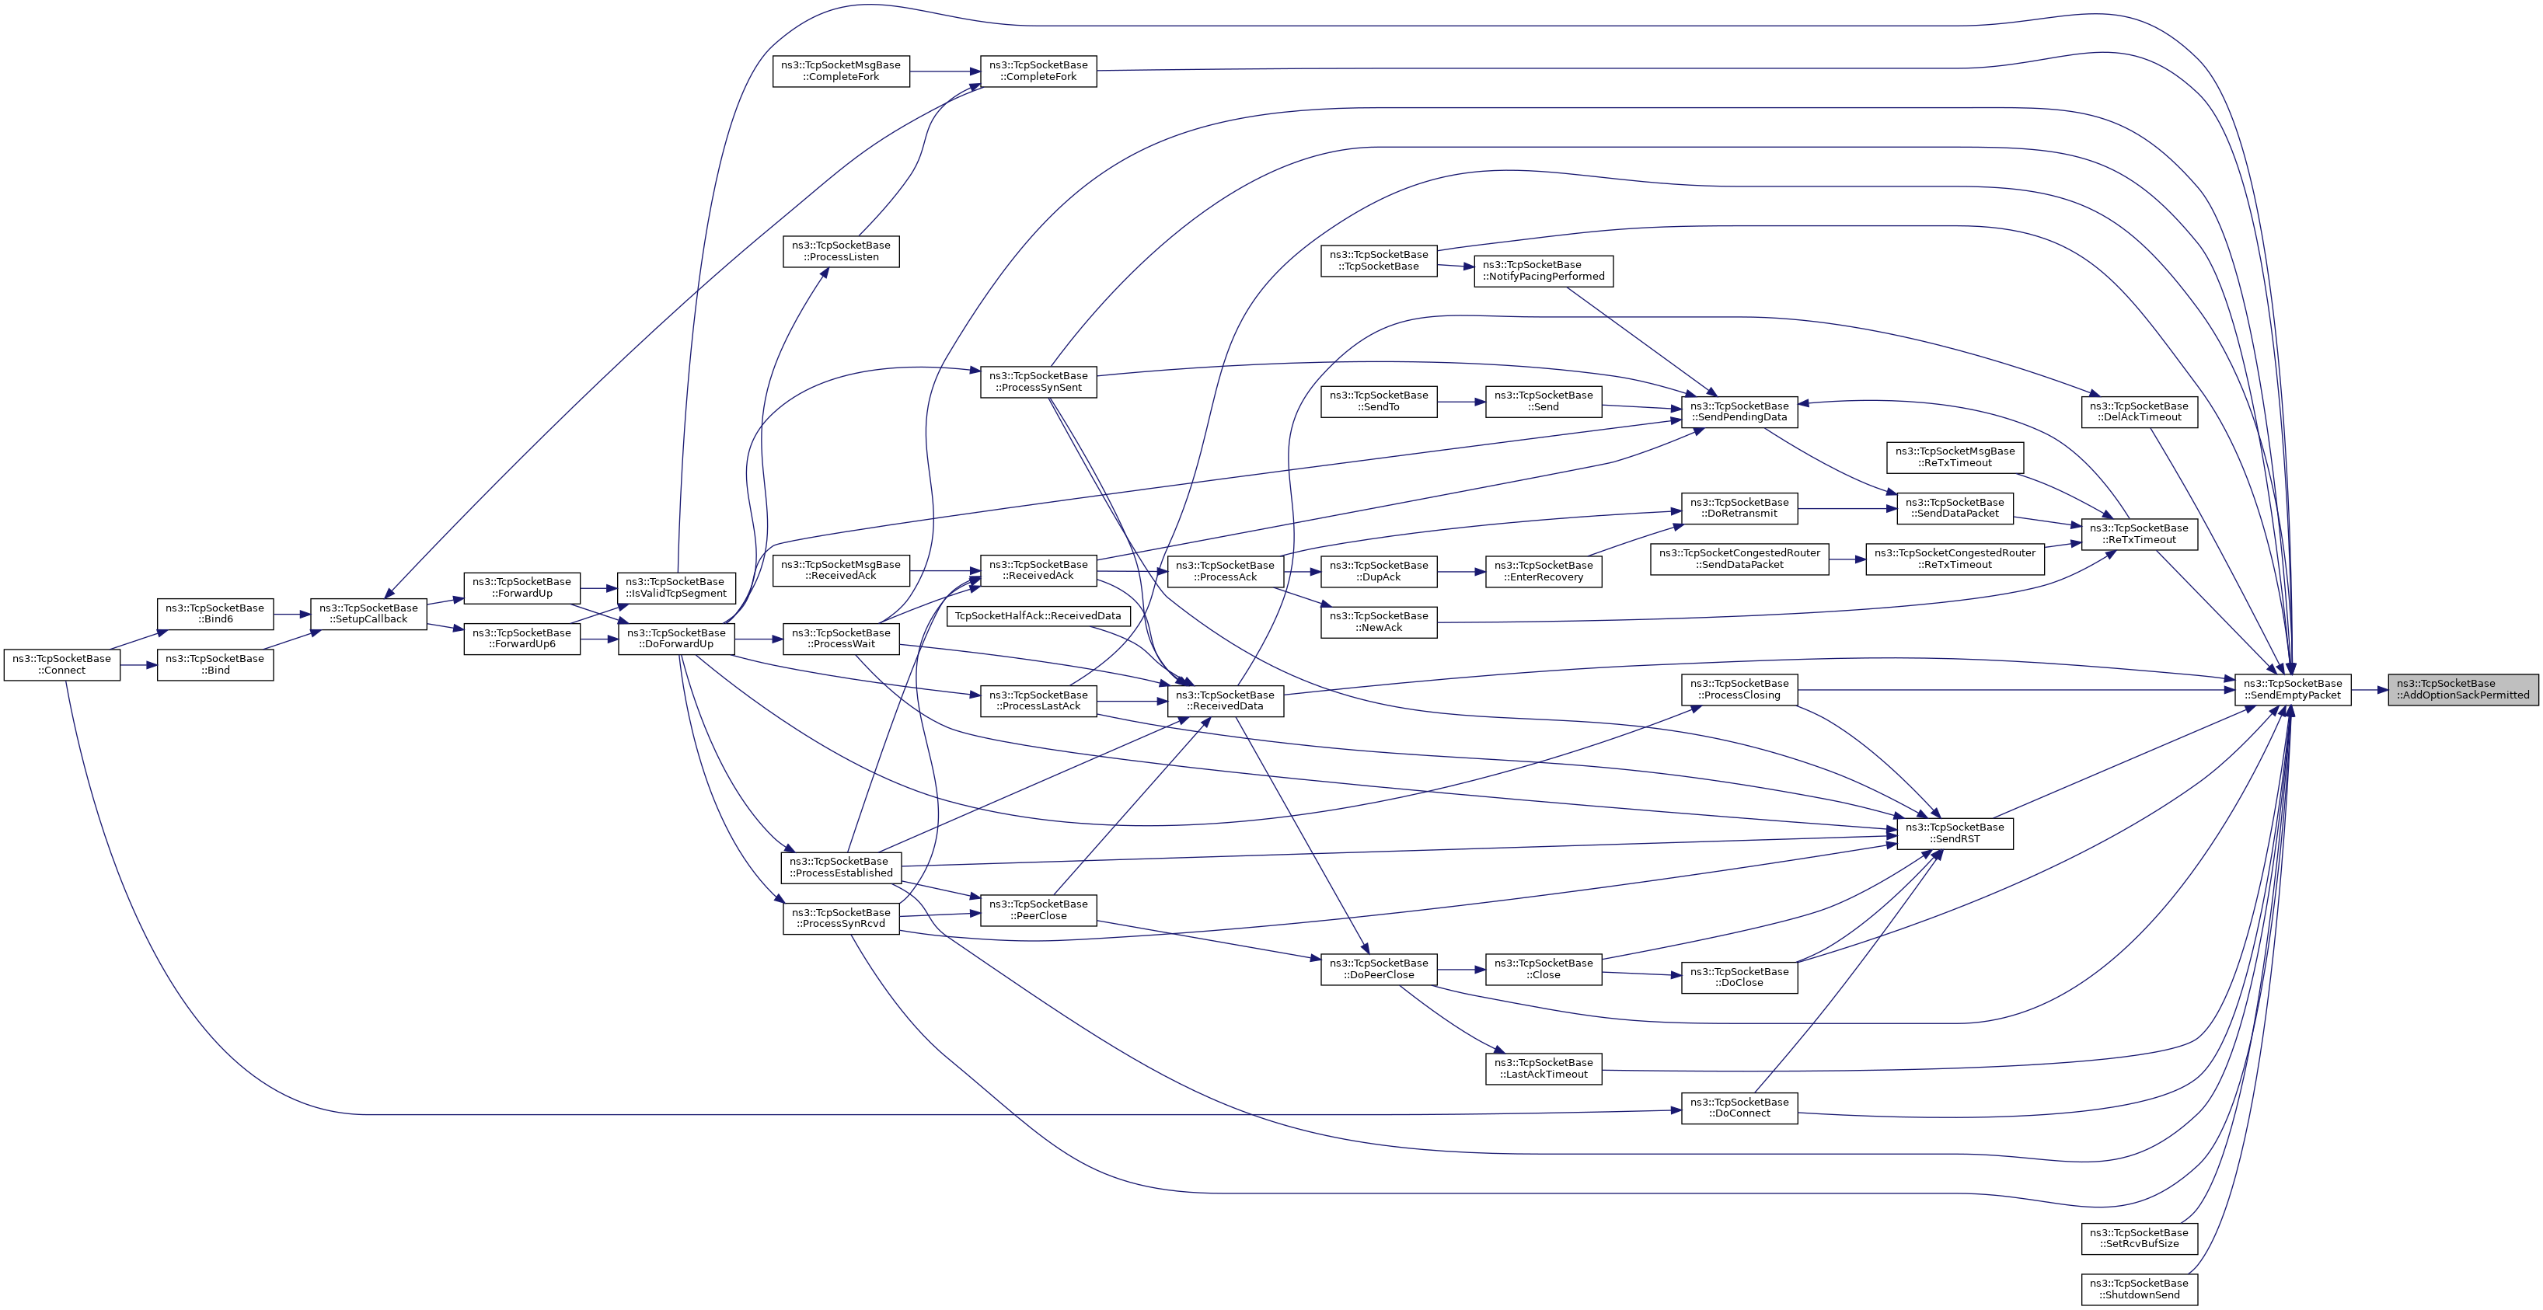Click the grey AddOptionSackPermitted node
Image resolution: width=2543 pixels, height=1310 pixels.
tap(2462, 689)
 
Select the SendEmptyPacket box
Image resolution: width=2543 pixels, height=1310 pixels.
tap(2292, 689)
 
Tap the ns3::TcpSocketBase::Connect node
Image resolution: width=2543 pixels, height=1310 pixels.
tap(62, 664)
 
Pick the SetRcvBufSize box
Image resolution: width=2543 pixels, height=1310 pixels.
tap(2139, 1238)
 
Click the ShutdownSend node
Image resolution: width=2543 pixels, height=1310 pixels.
tap(2139, 1289)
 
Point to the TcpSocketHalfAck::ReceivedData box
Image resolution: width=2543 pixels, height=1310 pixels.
tap(1038, 616)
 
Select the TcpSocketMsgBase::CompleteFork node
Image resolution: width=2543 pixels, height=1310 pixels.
tap(840, 71)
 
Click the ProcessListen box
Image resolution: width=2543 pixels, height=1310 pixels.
tap(841, 251)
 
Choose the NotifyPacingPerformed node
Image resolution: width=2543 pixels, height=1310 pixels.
tap(1543, 270)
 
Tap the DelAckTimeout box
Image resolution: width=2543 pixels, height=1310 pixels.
tap(2139, 412)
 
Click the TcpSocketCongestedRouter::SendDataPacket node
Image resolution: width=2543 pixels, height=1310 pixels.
tap(1739, 559)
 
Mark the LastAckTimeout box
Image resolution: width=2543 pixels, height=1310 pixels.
tap(1543, 1068)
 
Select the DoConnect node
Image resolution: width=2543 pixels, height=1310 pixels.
tap(1739, 1108)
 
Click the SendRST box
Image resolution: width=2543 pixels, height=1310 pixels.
tap(1955, 833)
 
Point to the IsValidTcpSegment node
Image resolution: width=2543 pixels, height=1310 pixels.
tap(676, 587)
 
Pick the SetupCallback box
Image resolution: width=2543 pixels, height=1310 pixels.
tap(368, 613)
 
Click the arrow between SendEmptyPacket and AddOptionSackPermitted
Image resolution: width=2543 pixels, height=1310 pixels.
tap(2369, 689)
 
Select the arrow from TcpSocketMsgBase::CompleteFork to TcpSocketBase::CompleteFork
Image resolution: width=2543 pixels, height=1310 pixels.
tap(945, 71)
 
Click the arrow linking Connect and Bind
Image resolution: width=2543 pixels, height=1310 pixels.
tap(138, 664)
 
